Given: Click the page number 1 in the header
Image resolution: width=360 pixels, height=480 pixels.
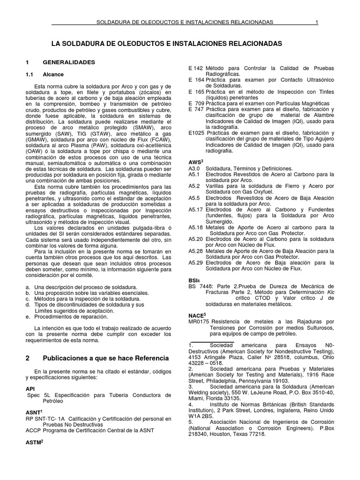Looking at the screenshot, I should coord(317,22).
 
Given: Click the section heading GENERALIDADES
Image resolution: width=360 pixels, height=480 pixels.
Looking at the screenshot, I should coord(69,62).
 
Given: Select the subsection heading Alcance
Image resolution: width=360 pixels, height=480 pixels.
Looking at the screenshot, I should coord(53,75).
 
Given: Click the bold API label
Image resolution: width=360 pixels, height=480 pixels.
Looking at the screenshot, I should coord(30,389).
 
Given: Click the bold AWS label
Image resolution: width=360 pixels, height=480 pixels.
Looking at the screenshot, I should coord(195,161).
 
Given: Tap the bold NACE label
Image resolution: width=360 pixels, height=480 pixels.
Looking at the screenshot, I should coord(196,315).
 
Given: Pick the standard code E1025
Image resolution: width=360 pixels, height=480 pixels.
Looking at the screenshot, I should coord(196,133).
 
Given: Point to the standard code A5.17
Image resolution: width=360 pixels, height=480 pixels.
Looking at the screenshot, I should coord(195,209).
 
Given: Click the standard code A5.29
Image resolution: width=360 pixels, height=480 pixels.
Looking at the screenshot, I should coord(195,263).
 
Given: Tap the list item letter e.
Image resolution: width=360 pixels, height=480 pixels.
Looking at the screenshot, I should coord(28,317).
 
